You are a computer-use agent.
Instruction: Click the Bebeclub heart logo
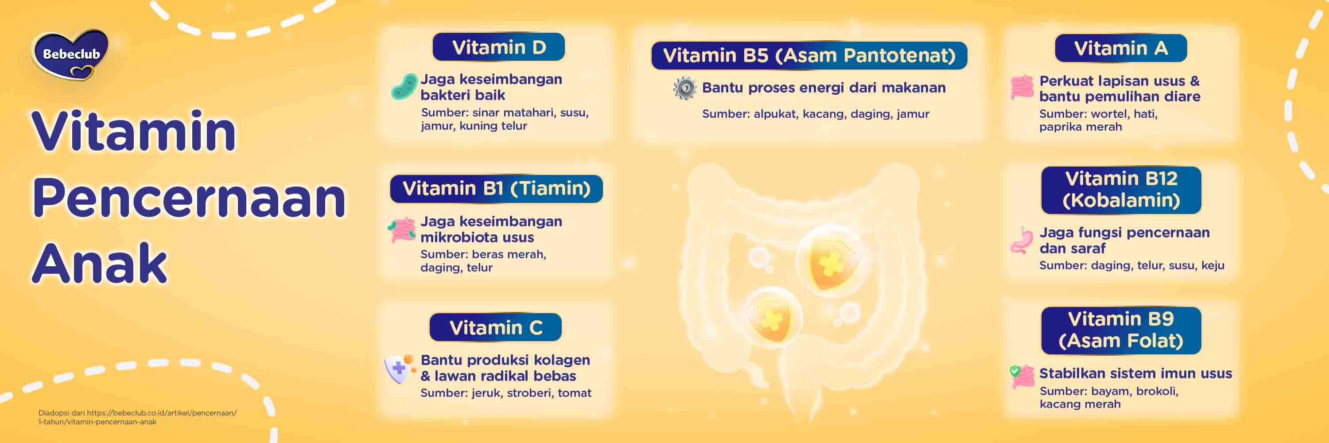[71, 54]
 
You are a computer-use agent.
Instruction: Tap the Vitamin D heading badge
[498, 47]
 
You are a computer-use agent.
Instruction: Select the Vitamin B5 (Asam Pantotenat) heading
[809, 56]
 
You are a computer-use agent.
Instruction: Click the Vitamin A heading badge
[1121, 48]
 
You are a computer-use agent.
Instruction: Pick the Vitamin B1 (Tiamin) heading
[496, 189]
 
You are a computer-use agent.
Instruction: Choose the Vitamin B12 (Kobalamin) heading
[1121, 190]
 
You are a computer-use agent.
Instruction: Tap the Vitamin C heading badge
[495, 327]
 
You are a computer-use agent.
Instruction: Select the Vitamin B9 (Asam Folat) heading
[1121, 330]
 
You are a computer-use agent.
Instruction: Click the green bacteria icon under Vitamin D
[404, 87]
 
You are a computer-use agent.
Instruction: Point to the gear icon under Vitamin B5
[684, 89]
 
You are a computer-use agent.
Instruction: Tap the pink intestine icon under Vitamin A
[1022, 87]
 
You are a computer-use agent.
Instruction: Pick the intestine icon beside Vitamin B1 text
[401, 229]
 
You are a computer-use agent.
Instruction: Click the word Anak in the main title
[100, 264]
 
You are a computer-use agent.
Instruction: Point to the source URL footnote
[137, 417]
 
